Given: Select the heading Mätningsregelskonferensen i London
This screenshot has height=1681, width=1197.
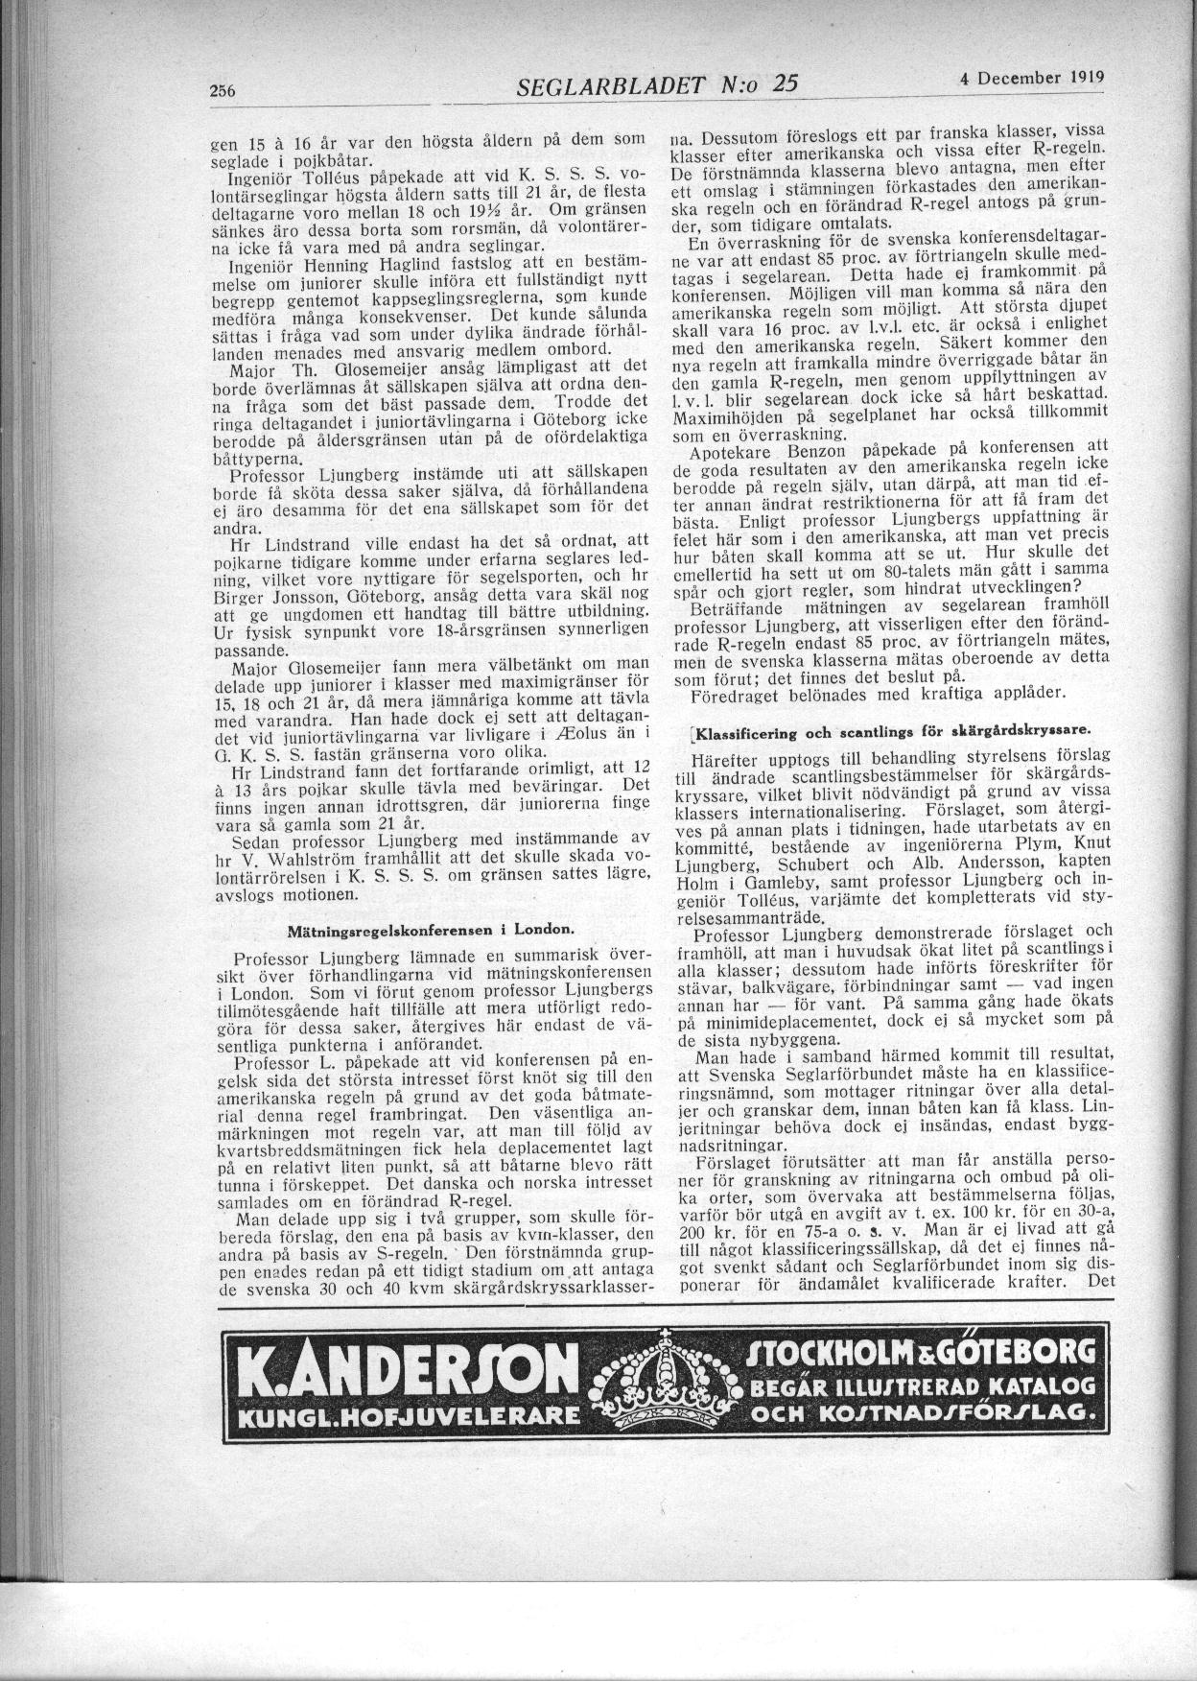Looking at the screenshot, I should [432, 930].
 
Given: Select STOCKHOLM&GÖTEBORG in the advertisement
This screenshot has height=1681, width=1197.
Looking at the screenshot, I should [918, 1355].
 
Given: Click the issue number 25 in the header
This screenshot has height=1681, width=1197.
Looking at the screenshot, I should [785, 85].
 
